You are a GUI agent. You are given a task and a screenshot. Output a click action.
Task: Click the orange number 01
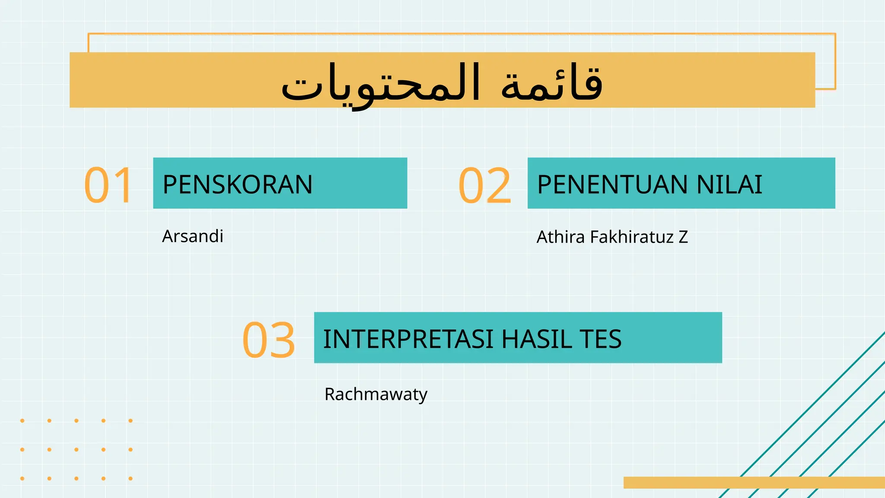(108, 185)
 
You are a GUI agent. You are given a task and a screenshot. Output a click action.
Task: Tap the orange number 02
(484, 185)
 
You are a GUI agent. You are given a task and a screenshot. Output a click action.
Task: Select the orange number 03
(269, 340)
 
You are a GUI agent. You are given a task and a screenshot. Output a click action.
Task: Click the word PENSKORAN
(237, 185)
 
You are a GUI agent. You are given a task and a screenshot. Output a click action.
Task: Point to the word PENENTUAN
(612, 185)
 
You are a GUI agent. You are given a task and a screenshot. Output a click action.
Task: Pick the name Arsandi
(193, 236)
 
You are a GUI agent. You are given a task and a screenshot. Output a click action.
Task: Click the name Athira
(561, 237)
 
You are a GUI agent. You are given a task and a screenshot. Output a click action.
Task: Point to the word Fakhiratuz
(632, 237)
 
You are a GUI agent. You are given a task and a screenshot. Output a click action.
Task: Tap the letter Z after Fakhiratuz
(683, 237)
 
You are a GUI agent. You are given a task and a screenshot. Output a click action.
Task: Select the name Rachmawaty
(376, 394)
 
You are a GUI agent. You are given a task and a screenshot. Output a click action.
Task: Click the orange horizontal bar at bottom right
(754, 482)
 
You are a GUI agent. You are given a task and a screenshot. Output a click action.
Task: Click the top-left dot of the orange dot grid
(22, 421)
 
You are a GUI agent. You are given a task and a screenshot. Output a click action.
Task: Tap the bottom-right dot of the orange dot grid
(131, 479)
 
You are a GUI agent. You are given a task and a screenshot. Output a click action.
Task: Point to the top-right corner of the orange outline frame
(835, 34)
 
